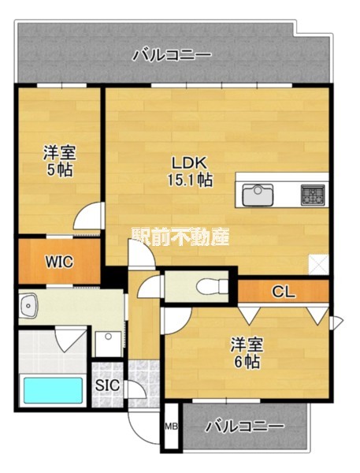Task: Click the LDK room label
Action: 189,163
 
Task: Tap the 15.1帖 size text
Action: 189,180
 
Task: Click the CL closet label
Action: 283,292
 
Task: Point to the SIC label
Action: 107,385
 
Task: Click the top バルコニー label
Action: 171,55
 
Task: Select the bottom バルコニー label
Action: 244,426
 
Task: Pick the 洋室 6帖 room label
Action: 247,353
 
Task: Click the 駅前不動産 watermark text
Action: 180,235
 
